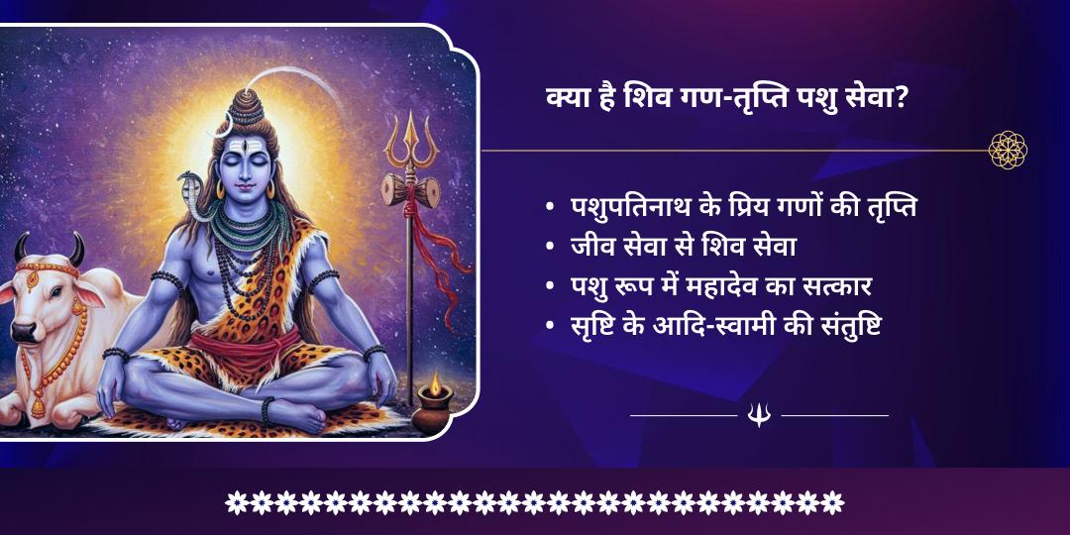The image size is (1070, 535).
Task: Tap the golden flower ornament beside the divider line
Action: tap(1008, 151)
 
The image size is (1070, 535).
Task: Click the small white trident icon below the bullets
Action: tap(759, 415)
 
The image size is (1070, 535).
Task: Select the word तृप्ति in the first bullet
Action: tap(895, 210)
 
